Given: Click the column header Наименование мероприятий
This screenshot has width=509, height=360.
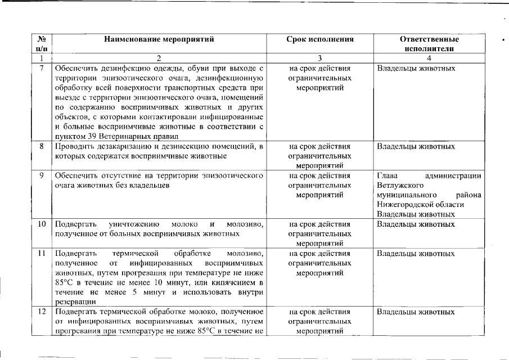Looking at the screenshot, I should tap(159, 39).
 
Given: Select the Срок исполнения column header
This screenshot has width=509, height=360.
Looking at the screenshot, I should tap(320, 39).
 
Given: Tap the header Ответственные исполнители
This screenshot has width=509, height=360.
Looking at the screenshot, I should tap(429, 44).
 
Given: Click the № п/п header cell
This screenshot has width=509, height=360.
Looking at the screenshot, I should tap(41, 44).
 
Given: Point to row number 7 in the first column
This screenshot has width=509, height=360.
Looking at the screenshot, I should tap(41, 69).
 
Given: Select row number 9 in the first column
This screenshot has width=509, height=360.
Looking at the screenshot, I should tap(41, 175).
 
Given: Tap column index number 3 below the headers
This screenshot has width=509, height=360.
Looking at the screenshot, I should tap(320, 58).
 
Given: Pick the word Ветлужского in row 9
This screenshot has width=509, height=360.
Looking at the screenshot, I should tap(399, 185).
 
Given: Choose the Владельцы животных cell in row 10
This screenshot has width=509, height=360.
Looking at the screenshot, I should tap(416, 224).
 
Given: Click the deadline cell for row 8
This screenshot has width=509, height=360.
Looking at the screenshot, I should tap(320, 156).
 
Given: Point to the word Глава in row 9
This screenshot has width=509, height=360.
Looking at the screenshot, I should tap(387, 175).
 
